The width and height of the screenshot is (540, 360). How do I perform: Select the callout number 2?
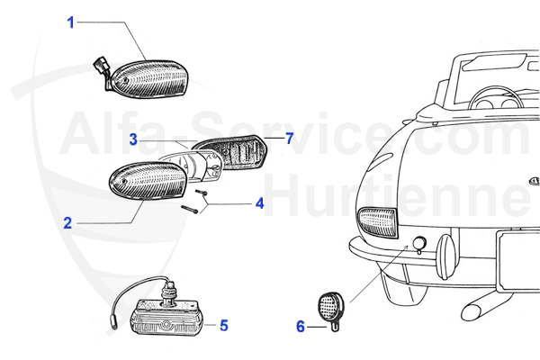point(67,221)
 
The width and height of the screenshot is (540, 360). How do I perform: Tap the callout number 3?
point(132,139)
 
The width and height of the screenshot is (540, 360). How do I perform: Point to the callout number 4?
point(259,203)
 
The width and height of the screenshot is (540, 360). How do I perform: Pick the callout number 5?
point(223,325)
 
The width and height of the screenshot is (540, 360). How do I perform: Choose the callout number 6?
point(301,327)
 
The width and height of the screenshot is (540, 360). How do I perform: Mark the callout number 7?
point(290,138)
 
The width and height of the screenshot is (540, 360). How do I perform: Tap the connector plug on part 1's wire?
point(100,67)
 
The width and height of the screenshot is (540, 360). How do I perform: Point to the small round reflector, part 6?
point(330,307)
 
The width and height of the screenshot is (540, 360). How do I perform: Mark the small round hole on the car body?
point(418,244)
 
